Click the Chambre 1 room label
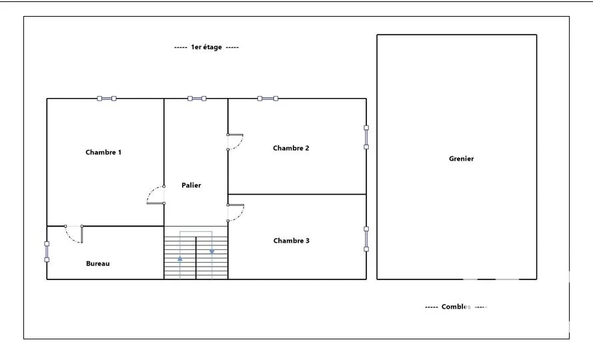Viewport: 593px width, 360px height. [x=103, y=153]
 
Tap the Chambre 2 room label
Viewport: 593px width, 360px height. [x=291, y=148]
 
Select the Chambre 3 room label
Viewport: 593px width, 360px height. [x=291, y=241]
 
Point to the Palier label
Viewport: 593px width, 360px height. [x=191, y=185]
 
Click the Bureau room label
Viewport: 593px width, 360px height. [x=98, y=263]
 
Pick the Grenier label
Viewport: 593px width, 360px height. [x=462, y=159]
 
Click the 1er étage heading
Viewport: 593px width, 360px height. [x=207, y=47]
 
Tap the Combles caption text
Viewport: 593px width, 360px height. [x=456, y=307]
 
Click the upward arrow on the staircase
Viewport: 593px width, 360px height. [x=180, y=259]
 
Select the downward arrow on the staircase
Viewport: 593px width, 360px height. [x=212, y=251]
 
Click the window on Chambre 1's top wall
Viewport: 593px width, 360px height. [x=107, y=99]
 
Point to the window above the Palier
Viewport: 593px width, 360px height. [x=197, y=99]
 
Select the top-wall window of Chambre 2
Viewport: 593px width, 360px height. [x=267, y=99]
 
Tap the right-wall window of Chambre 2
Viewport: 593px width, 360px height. [x=366, y=137]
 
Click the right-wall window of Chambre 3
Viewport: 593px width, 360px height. [x=366, y=239]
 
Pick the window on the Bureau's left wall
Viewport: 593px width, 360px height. [x=47, y=252]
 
